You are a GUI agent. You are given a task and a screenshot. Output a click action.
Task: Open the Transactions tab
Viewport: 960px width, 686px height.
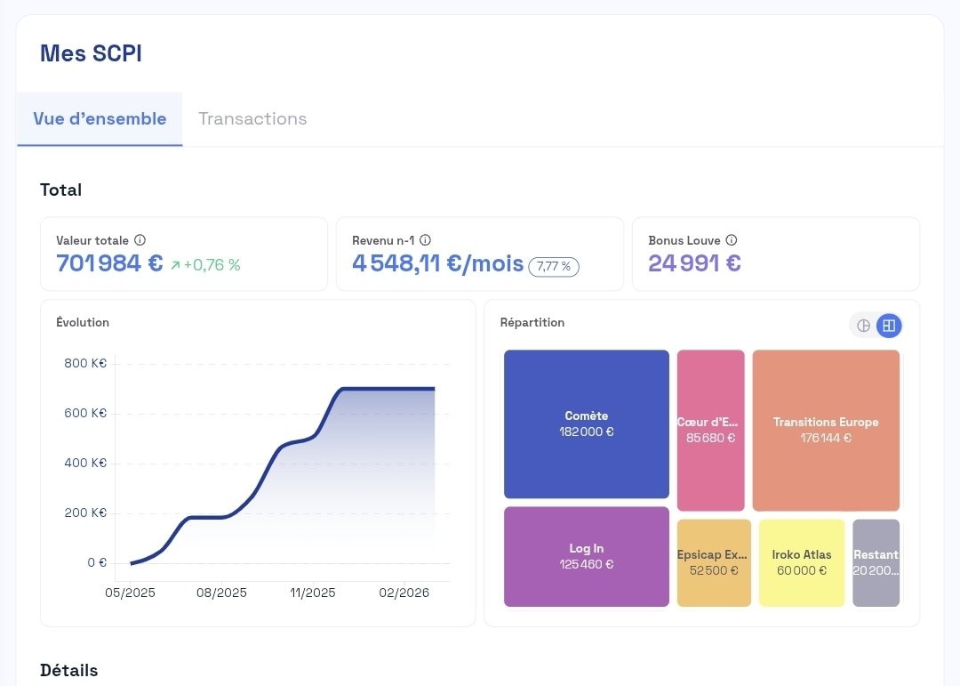252,119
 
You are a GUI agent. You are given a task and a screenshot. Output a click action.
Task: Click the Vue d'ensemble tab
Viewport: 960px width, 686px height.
100,119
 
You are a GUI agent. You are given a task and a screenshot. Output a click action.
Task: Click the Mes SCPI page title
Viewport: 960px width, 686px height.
91,53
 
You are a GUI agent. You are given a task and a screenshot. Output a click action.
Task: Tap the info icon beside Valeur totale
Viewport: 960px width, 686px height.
140,240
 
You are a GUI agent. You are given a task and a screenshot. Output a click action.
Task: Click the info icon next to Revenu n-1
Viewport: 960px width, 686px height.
425,240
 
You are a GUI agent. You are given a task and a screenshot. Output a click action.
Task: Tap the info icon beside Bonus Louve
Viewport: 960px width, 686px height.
732,240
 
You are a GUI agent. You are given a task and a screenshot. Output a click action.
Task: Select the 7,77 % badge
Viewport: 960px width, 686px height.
554,266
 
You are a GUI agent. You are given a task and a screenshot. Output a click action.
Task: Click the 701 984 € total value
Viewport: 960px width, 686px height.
109,263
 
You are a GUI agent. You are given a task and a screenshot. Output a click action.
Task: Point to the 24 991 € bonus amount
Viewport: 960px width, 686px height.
694,263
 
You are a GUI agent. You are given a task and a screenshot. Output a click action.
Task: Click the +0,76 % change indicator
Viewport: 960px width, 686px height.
205,265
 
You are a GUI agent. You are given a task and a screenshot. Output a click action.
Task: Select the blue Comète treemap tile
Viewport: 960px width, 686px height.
586,424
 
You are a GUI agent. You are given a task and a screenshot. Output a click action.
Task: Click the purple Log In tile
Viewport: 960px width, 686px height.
586,556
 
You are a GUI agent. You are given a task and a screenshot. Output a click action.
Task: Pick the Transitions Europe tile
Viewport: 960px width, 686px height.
826,430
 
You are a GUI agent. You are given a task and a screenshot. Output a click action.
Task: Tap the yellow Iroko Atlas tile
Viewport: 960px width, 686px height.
802,562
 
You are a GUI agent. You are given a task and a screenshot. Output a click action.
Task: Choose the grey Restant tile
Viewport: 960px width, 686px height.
876,562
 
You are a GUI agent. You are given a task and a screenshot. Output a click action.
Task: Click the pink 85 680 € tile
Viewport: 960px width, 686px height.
710,430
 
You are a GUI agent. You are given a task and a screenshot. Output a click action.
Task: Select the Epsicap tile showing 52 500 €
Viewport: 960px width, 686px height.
714,562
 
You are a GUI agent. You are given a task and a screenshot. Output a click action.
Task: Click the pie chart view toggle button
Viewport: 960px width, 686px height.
863,326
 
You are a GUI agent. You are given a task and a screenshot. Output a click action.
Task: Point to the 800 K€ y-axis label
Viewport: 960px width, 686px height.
85,363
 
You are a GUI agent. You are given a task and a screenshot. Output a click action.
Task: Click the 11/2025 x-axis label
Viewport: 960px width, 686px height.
313,593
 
